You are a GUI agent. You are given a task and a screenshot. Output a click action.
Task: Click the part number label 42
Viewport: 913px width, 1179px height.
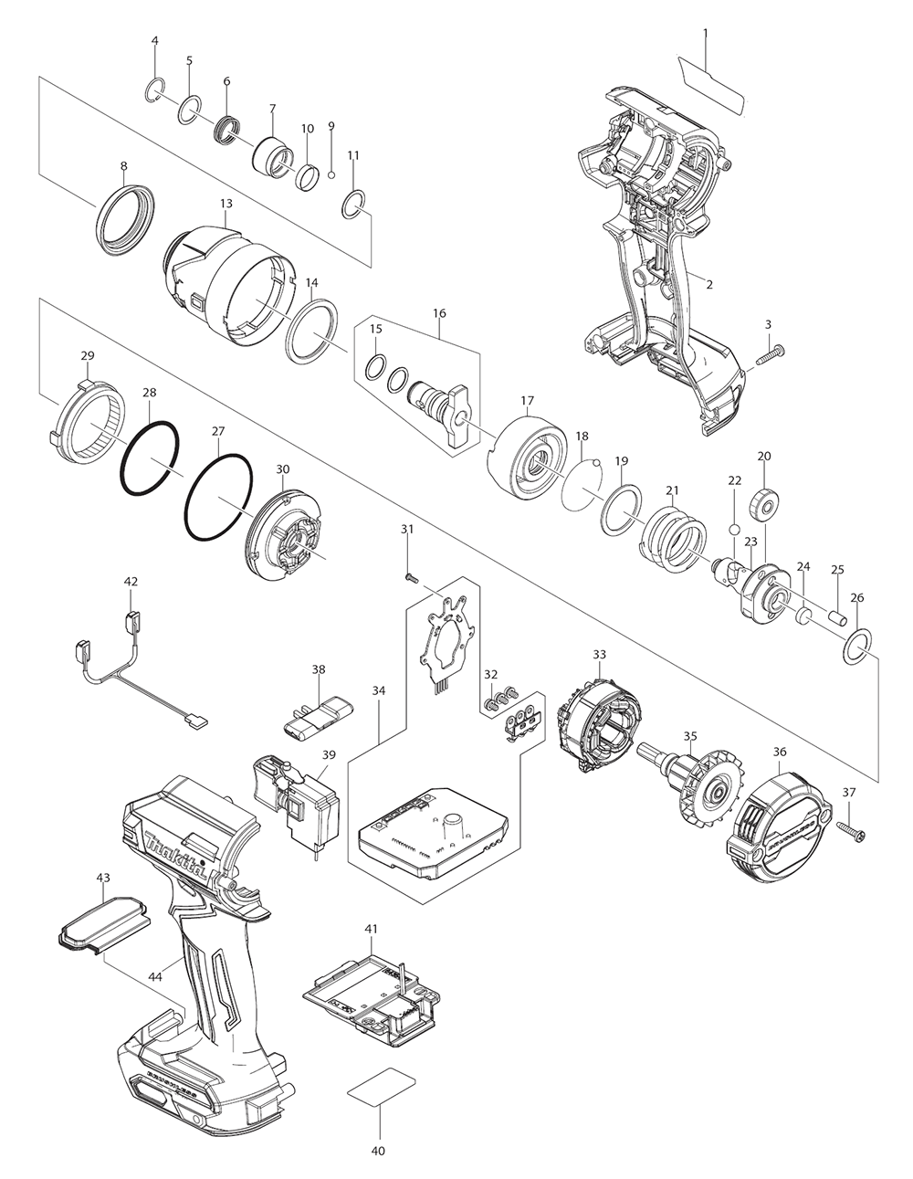(x=131, y=581)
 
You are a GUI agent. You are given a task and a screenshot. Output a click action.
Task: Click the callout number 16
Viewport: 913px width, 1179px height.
(x=440, y=313)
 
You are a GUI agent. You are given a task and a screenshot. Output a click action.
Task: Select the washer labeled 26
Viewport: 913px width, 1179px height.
(x=855, y=647)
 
